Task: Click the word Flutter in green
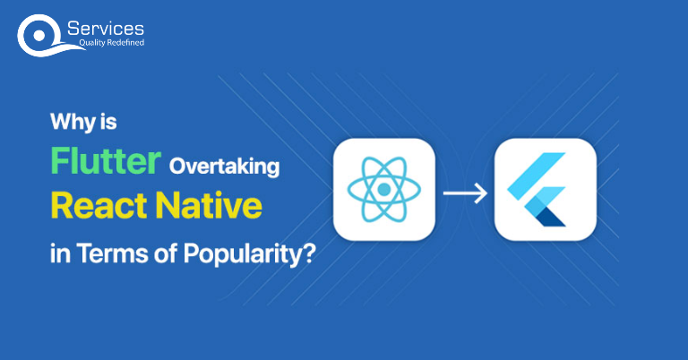point(105,163)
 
